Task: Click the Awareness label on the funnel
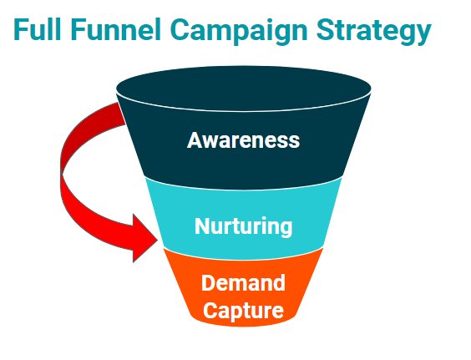243,139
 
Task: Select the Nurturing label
243,226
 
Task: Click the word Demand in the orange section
243,282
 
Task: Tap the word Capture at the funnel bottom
243,311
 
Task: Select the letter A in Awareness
195,139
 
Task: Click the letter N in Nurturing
201,226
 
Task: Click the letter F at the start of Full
19,30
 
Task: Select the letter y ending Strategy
423,34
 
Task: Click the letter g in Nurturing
285,229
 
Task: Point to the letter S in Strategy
327,30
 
